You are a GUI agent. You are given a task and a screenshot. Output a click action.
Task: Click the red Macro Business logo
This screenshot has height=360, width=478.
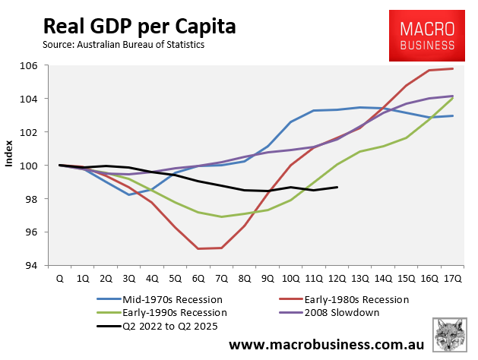point(428,36)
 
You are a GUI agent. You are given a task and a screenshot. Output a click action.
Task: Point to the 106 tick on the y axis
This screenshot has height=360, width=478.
point(30,65)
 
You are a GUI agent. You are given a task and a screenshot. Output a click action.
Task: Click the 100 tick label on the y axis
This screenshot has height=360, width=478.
point(30,166)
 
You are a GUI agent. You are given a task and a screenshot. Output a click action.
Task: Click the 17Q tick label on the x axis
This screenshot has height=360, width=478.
point(453,279)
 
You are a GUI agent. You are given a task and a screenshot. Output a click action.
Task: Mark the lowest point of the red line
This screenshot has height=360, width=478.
point(199,248)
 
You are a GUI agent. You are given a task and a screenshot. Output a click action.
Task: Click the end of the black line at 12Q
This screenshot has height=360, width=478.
point(337,188)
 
